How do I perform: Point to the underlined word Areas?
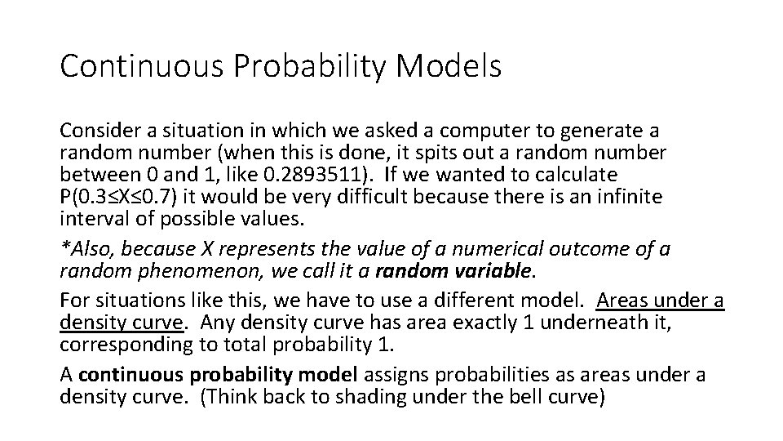coord(624,301)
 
